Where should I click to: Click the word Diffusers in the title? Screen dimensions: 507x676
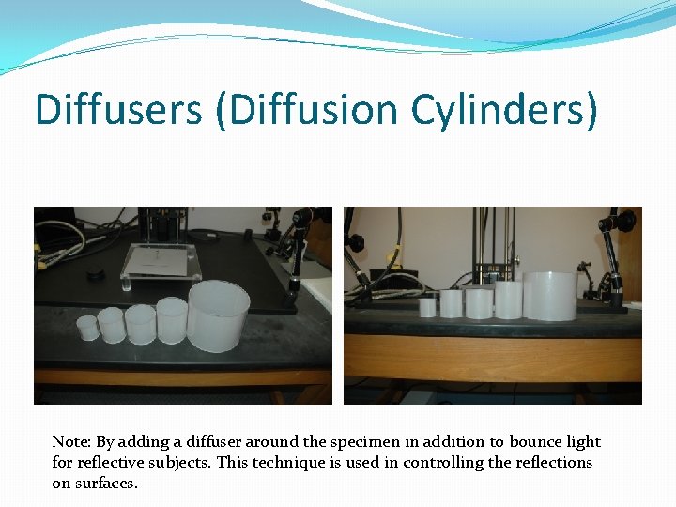[118, 110]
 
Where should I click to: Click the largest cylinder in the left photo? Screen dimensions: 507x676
[219, 315]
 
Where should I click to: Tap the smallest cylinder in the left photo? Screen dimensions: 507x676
[87, 328]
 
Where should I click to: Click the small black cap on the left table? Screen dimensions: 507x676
[95, 275]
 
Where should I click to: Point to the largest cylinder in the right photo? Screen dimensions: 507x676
[548, 296]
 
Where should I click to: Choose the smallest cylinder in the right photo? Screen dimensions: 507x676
[427, 307]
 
